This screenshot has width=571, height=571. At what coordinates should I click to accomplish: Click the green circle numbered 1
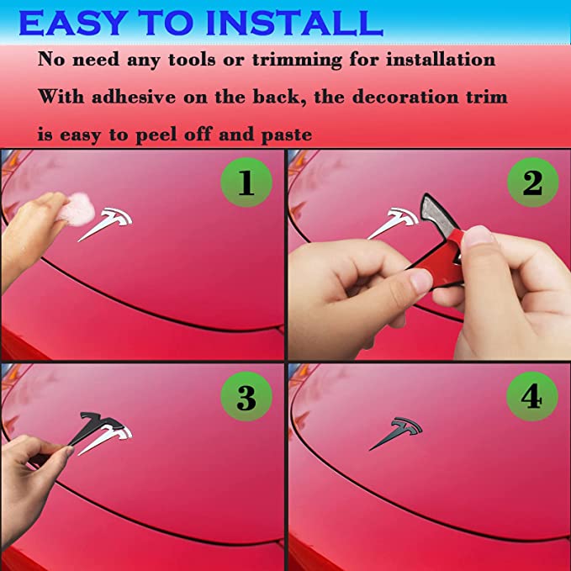(246, 182)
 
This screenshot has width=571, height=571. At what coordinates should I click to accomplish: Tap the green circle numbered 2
(533, 182)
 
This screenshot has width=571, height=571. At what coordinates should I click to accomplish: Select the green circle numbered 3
(246, 396)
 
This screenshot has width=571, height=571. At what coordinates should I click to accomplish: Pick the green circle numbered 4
(532, 396)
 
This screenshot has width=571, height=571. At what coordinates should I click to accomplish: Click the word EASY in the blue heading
(73, 23)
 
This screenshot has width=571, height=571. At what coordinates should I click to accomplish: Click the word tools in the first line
(192, 60)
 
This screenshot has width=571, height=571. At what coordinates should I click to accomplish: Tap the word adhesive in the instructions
(134, 97)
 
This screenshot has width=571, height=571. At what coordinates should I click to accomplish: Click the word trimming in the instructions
(298, 61)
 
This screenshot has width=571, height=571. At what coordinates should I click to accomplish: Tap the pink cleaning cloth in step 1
(77, 209)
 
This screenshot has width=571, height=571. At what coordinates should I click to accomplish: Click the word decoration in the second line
(405, 97)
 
